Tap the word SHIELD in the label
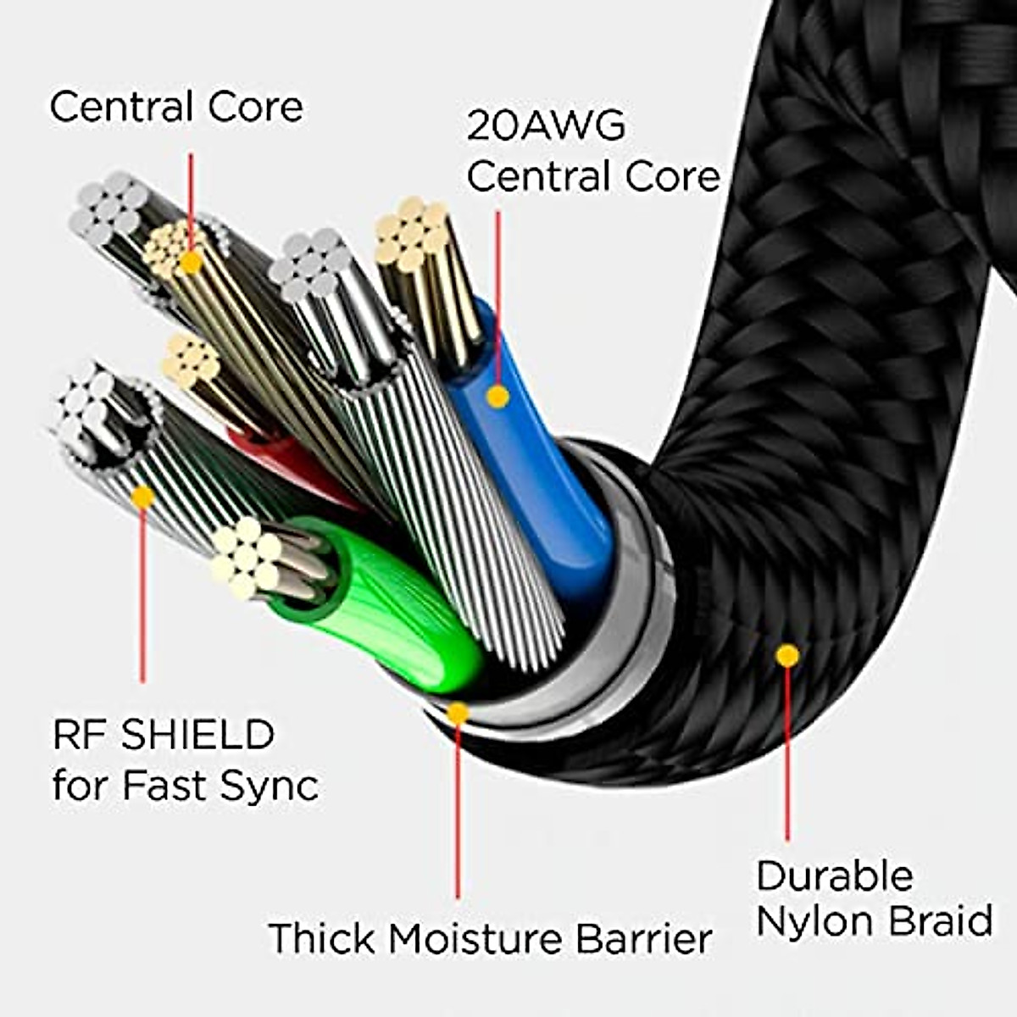197,734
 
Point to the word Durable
835,876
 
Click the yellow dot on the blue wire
497,396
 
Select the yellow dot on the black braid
787,654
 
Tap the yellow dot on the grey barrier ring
458,713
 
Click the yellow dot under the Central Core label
192,263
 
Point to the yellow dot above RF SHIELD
142,497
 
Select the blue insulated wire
542,475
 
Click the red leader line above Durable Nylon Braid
787,754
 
